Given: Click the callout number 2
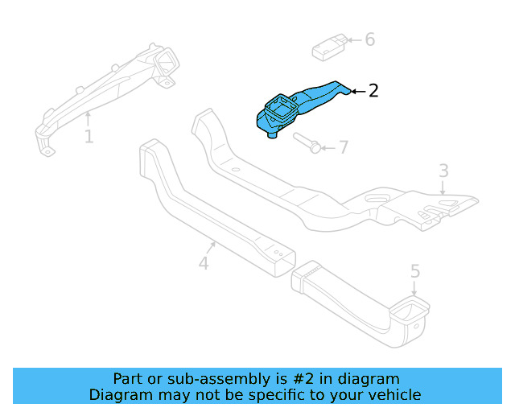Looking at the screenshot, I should pyautogui.click(x=373, y=91).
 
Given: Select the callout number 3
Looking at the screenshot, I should pyautogui.click(x=443, y=171).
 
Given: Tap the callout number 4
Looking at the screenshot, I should pyautogui.click(x=204, y=262).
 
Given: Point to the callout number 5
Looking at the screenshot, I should pyautogui.click(x=415, y=271).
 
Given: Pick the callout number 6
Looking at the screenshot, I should pyautogui.click(x=369, y=39).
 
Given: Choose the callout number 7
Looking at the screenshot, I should pyautogui.click(x=344, y=147).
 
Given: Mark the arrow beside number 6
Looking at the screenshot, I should pyautogui.click(x=355, y=39).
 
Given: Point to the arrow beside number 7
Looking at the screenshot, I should pyautogui.click(x=328, y=148).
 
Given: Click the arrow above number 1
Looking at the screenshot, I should pyautogui.click(x=88, y=119).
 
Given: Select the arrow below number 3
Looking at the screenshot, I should pyautogui.click(x=443, y=188).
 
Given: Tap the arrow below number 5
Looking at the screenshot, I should pyautogui.click(x=415, y=290).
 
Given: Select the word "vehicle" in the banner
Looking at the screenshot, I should pyautogui.click(x=393, y=394).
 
